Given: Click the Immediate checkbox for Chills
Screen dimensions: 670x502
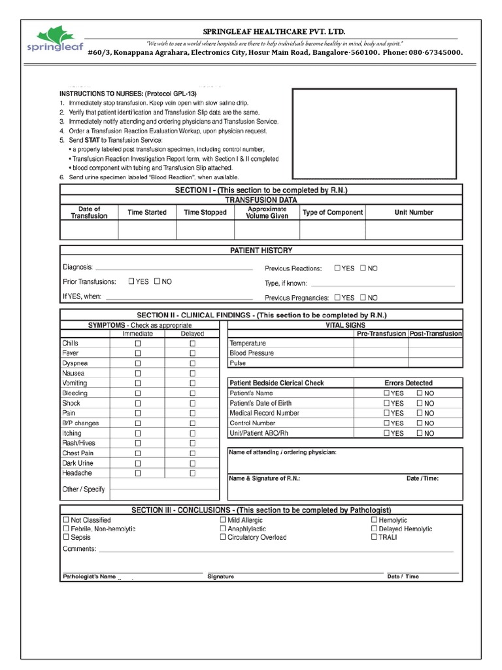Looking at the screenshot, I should click(137, 343).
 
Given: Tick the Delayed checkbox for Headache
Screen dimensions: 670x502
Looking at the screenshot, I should click(192, 473).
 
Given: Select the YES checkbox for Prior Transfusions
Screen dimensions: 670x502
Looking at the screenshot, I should click(131, 281).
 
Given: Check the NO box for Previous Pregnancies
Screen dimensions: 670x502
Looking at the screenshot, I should click(363, 297).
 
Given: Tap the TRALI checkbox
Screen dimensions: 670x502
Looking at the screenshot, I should click(374, 537).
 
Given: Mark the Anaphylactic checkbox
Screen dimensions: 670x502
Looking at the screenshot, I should click(223, 529).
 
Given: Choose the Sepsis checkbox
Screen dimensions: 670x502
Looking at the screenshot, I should click(66, 537).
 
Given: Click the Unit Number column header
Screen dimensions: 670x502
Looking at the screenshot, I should click(413, 213).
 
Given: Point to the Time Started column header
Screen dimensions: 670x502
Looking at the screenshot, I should click(147, 213).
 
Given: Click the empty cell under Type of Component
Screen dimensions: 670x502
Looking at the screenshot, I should click(332, 230).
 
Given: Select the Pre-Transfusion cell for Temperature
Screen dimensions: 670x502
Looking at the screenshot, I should click(381, 344).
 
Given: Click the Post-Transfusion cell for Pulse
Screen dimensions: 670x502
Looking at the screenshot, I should click(435, 363).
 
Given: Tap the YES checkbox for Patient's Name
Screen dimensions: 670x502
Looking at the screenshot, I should click(386, 393).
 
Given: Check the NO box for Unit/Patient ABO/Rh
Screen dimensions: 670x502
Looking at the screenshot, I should click(420, 433).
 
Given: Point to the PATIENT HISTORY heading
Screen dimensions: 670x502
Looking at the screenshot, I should click(261, 251).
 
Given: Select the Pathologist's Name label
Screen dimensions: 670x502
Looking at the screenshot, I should click(89, 576).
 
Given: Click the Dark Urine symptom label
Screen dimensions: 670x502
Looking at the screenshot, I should click(78, 463).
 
